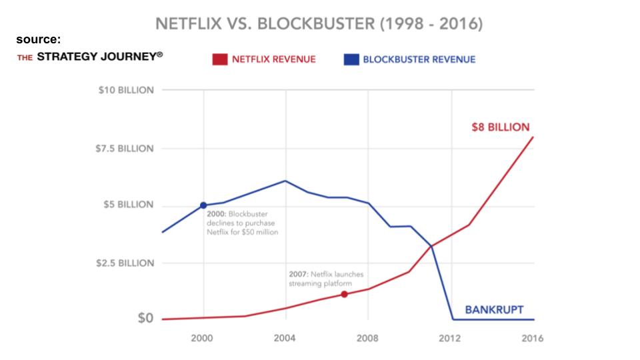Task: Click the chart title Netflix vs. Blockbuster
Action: tap(319, 24)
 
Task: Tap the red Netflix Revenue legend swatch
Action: tap(220, 60)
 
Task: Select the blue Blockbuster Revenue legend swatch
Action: tap(351, 60)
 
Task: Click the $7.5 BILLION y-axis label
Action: tap(125, 148)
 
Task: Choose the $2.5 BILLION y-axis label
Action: tap(125, 263)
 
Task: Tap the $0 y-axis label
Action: tap(145, 319)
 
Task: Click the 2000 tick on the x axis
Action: tap(203, 338)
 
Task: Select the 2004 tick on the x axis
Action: tap(285, 338)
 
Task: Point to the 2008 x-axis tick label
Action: tap(368, 338)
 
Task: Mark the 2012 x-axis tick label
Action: tap(451, 338)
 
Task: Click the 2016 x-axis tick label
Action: tap(532, 338)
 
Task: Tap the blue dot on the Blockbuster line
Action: tap(203, 205)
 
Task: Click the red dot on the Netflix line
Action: tap(344, 294)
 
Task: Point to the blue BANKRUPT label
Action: tap(494, 309)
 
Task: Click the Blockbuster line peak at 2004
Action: tap(285, 181)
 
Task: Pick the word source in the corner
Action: tap(39, 40)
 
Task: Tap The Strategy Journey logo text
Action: tap(90, 57)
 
